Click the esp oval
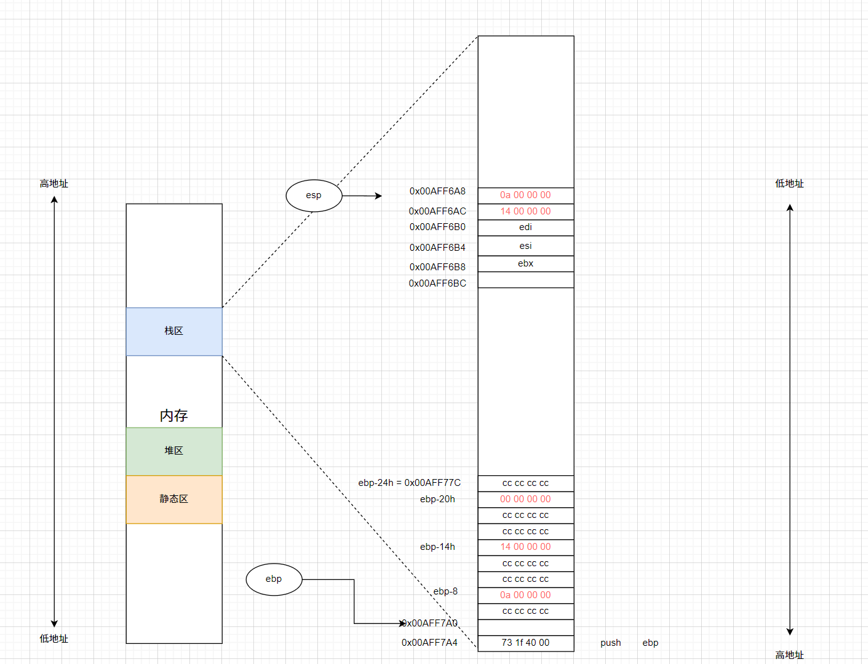[314, 195]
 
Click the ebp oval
[273, 579]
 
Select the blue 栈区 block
[174, 331]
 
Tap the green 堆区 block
[174, 451]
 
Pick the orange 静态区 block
[174, 499]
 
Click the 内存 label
[174, 415]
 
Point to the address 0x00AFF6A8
[437, 191]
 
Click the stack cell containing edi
[526, 228]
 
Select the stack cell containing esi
[526, 246]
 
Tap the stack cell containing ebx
[526, 264]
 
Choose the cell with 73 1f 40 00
[526, 643]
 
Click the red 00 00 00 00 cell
[526, 499]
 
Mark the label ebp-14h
[437, 547]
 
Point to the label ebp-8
[445, 591]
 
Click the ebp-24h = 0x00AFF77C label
[409, 483]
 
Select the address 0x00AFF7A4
[430, 643]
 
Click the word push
[610, 643]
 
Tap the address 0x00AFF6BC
[437, 283]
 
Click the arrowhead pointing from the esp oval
[378, 196]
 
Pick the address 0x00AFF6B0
[437, 227]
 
